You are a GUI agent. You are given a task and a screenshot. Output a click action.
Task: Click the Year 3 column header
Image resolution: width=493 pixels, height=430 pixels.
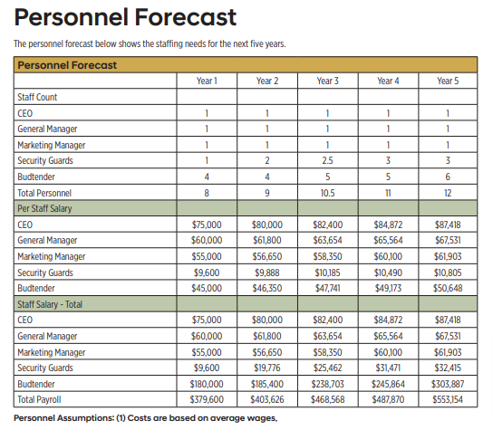click(x=327, y=81)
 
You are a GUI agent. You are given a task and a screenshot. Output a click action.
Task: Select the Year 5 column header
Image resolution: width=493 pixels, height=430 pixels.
click(x=448, y=81)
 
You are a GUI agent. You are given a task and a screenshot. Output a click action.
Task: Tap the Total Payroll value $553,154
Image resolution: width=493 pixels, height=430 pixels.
click(x=448, y=399)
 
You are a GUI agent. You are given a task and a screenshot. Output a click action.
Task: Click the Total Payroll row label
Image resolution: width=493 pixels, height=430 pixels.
click(x=39, y=399)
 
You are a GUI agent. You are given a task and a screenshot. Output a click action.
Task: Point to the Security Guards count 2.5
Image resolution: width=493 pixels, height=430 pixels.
click(x=327, y=160)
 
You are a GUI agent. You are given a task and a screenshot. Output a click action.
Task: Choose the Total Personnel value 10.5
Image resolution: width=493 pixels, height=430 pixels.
click(x=327, y=193)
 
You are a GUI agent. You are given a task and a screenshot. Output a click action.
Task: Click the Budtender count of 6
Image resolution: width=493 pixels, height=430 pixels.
click(x=448, y=177)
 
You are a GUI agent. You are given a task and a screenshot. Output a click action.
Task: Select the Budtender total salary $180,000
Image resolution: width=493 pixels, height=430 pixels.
click(x=207, y=384)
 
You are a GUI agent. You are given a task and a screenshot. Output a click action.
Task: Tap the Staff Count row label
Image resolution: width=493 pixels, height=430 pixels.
click(x=37, y=97)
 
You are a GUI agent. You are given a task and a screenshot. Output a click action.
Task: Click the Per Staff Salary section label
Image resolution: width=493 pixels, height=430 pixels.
click(x=44, y=208)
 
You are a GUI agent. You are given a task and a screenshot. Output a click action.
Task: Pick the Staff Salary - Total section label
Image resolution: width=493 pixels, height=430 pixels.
click(x=50, y=304)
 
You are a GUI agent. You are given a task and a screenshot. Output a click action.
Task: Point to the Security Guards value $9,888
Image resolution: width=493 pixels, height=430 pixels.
click(x=267, y=272)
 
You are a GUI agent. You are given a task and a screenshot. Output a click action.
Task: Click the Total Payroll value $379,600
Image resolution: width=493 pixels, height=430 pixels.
click(x=207, y=399)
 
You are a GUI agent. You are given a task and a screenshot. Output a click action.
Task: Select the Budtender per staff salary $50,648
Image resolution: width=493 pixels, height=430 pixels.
click(x=448, y=288)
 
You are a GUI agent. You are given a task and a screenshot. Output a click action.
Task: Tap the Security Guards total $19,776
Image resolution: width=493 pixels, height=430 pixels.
click(x=267, y=368)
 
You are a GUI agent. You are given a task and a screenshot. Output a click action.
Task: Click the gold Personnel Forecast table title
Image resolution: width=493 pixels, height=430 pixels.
click(x=67, y=65)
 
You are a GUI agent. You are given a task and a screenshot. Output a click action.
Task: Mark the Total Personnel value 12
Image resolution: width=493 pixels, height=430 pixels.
click(x=448, y=193)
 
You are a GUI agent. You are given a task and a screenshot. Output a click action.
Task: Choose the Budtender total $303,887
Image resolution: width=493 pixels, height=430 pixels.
click(x=448, y=384)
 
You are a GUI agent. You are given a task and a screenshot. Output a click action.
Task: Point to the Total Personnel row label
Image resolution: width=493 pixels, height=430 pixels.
click(x=44, y=193)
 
